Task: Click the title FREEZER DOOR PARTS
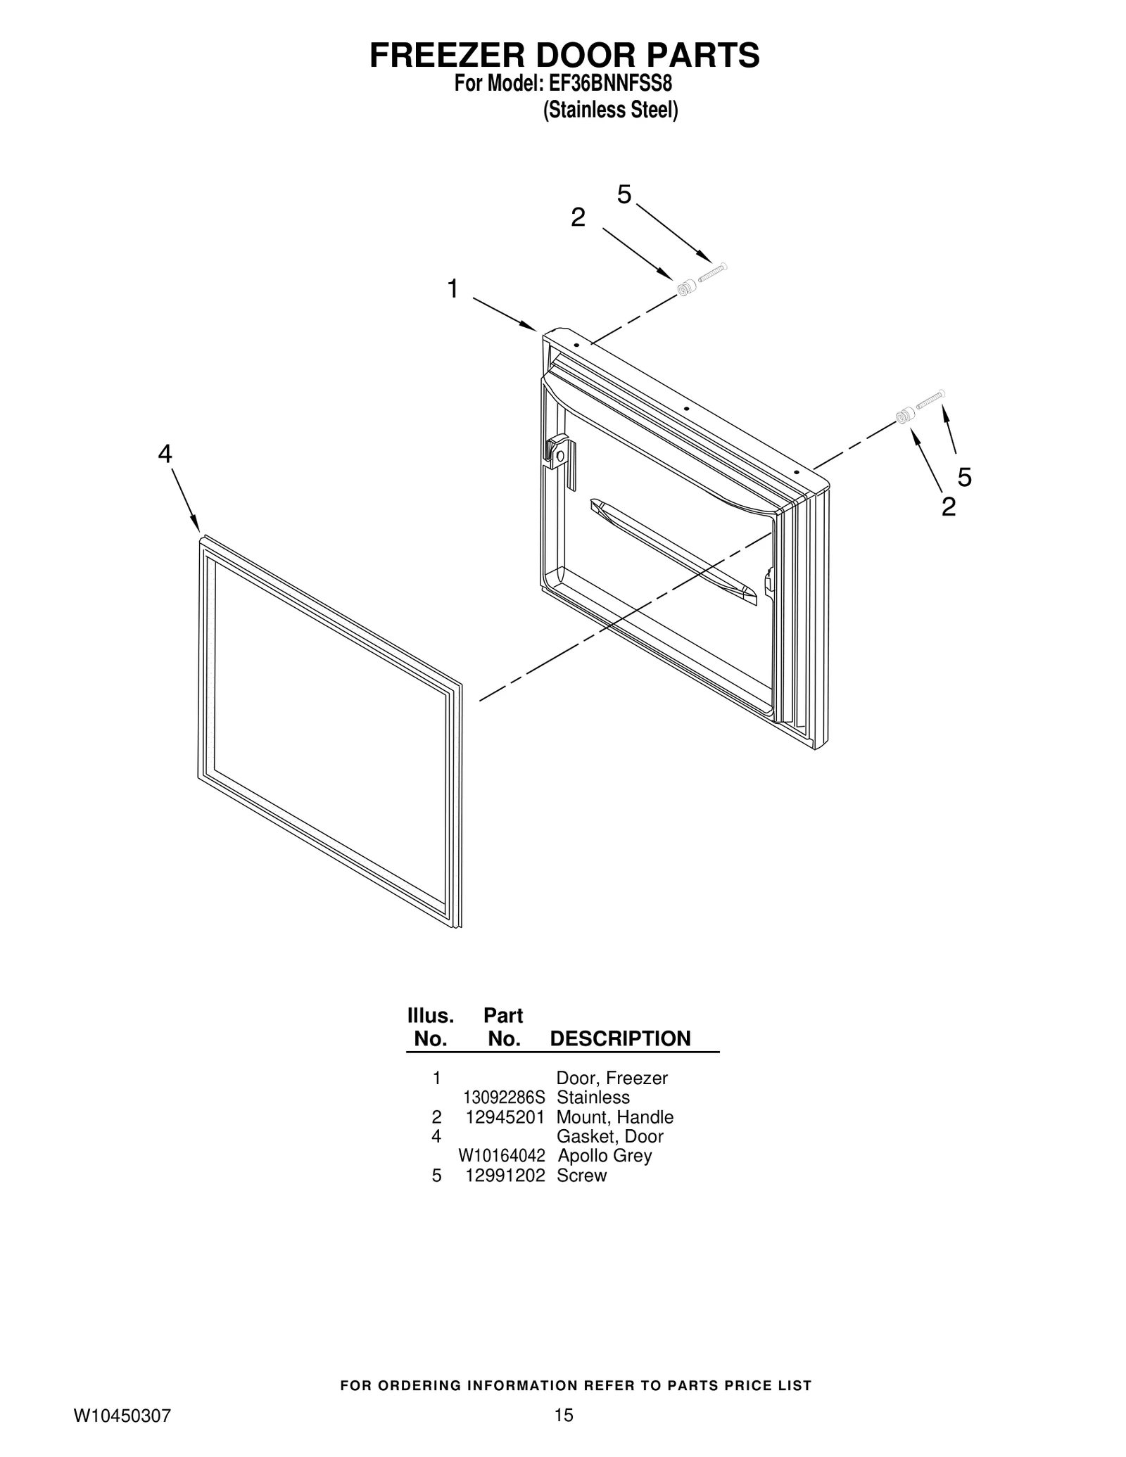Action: click(x=564, y=56)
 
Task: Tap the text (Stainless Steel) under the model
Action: click(x=610, y=110)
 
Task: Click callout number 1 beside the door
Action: click(x=453, y=288)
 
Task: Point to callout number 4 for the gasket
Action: click(x=164, y=454)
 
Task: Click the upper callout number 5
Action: click(x=624, y=195)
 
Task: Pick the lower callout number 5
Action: click(x=964, y=478)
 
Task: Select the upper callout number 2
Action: click(x=578, y=218)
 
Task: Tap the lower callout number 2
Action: click(x=949, y=507)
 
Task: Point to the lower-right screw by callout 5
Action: click(x=930, y=399)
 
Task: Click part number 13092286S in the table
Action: click(x=504, y=1097)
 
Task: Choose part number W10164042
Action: click(x=501, y=1155)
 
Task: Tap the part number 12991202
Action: click(x=505, y=1175)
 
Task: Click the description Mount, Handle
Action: click(x=614, y=1116)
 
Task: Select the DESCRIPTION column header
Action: click(x=620, y=1038)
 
